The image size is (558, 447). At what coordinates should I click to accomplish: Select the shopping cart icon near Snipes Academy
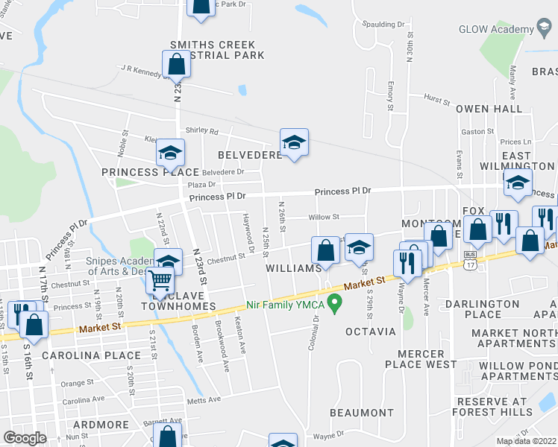160,282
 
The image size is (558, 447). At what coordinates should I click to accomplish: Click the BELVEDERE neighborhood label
248,155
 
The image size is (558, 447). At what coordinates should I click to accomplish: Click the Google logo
25,438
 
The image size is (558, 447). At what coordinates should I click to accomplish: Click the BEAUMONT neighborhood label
361,412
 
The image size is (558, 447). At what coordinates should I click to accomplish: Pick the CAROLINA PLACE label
81,355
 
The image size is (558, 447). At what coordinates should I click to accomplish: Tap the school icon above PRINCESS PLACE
170,154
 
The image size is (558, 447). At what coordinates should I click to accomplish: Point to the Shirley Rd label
202,131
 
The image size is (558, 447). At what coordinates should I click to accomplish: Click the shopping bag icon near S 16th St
34,324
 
